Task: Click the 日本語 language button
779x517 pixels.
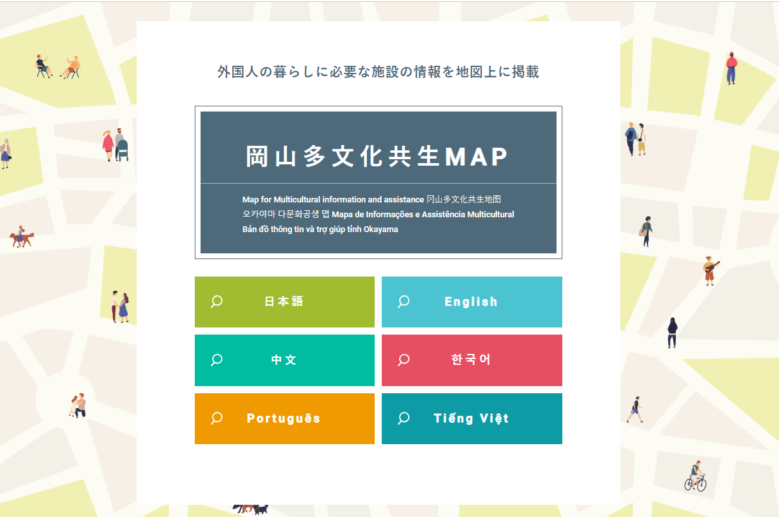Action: click(284, 302)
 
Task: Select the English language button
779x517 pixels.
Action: click(472, 302)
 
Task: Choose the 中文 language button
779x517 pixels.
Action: click(284, 360)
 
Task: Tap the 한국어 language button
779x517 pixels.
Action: click(472, 360)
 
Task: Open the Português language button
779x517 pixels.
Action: click(284, 418)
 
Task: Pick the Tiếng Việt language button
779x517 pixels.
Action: click(472, 418)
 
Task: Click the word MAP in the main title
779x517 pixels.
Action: click(476, 157)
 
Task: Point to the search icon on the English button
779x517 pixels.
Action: click(404, 302)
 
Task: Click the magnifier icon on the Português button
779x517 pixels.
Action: click(216, 418)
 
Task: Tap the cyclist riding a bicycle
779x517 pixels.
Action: click(696, 476)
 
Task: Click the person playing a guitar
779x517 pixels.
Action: click(711, 271)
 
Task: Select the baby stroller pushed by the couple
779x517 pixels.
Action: click(122, 150)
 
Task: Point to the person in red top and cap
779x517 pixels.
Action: click(731, 68)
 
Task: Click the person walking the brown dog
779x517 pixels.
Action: click(20, 236)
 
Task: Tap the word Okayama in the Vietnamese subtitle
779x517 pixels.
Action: click(381, 229)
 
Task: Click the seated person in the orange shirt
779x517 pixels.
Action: click(72, 67)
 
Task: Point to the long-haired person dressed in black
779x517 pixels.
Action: click(672, 333)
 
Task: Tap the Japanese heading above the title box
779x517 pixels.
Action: click(379, 72)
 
